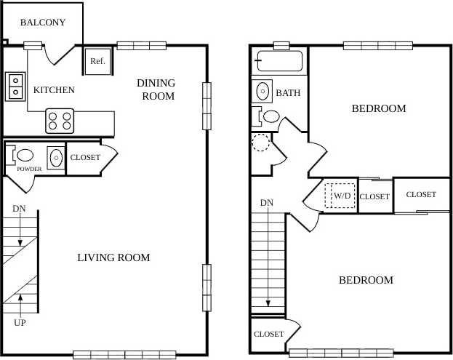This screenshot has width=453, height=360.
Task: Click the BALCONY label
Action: coord(42,23)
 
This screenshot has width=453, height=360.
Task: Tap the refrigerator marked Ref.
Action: coord(97,62)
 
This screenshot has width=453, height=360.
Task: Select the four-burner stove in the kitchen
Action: coord(60,120)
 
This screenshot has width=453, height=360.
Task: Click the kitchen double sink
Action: coord(15,86)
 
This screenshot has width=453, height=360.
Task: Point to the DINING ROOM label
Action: coord(156,89)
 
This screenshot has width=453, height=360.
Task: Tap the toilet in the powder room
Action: coord(23,155)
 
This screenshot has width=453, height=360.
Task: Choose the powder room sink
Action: coord(55,156)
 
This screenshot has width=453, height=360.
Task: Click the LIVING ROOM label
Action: coord(113,257)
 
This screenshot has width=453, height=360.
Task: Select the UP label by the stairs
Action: coord(20,321)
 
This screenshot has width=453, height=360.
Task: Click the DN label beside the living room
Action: coord(20,209)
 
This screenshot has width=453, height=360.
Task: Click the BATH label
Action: coord(288,93)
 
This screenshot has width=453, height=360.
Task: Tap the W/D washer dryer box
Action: coord(340,196)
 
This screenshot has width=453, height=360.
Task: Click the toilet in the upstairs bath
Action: coord(269,116)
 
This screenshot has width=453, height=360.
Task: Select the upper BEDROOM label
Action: coord(379,108)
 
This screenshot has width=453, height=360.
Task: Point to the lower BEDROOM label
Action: coord(366,280)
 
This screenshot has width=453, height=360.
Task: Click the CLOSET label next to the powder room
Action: coord(85,157)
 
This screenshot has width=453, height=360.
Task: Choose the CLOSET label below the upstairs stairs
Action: coord(268,335)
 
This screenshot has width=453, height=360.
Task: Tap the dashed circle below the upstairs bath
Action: coord(261,141)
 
